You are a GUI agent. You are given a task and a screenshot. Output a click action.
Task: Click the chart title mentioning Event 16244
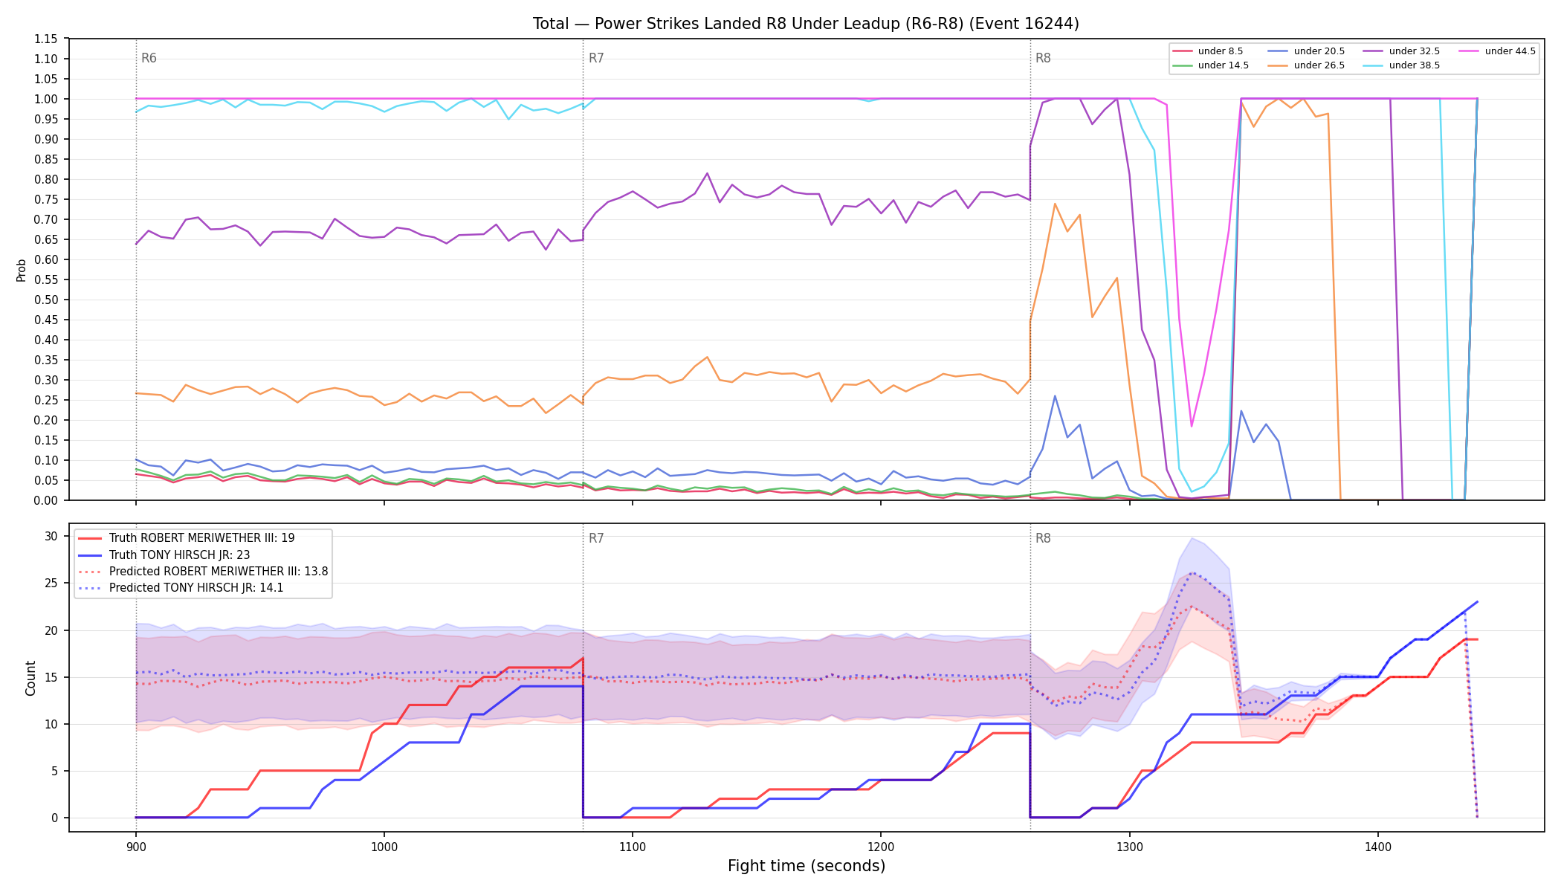pyautogui.click(x=806, y=24)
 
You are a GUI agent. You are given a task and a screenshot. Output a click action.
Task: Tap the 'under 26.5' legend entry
pyautogui.click(x=1306, y=65)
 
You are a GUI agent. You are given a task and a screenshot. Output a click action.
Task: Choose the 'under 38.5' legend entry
pyautogui.click(x=1401, y=65)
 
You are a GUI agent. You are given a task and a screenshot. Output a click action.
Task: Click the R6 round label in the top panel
pyautogui.click(x=149, y=58)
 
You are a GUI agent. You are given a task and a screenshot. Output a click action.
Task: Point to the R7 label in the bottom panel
pyautogui.click(x=596, y=538)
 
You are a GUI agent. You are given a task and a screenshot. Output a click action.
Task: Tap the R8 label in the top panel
pyautogui.click(x=1043, y=58)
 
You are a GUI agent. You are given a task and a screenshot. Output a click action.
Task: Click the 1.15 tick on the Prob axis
pyautogui.click(x=46, y=39)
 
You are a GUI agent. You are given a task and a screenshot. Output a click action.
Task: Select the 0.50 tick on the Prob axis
pyautogui.click(x=46, y=300)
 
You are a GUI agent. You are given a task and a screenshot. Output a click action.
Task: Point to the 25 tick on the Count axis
pyautogui.click(x=51, y=583)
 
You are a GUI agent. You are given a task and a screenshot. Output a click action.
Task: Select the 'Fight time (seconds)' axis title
pyautogui.click(x=807, y=866)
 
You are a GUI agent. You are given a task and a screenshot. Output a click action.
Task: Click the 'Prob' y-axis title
pyautogui.click(x=22, y=270)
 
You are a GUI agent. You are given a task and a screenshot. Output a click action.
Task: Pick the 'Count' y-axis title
pyautogui.click(x=30, y=678)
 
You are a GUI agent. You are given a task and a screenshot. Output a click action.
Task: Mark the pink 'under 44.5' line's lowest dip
pyautogui.click(x=1192, y=426)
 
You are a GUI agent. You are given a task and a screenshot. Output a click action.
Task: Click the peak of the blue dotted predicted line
pyautogui.click(x=1192, y=572)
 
